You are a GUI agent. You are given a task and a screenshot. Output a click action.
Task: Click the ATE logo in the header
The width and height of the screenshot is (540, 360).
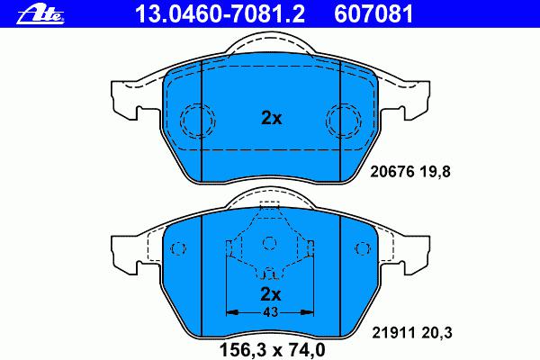[41, 14]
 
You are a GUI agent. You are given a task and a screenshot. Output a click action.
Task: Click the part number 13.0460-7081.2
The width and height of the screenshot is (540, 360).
[220, 14]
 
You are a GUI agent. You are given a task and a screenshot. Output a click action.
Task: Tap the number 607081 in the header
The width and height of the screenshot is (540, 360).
[373, 14]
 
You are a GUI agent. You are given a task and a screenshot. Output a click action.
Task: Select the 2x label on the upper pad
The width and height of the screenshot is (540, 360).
[272, 118]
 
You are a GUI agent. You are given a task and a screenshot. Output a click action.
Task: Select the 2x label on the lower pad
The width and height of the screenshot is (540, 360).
[271, 294]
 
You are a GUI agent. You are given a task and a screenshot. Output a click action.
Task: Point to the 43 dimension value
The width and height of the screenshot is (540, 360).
[270, 312]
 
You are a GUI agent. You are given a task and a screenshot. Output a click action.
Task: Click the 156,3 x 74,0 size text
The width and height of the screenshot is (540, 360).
[272, 350]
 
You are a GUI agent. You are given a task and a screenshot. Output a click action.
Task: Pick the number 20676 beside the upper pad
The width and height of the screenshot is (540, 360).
[391, 171]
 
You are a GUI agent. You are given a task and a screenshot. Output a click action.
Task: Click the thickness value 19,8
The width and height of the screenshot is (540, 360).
[435, 172]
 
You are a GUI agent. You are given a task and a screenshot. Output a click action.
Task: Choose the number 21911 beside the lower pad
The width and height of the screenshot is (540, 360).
[393, 333]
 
